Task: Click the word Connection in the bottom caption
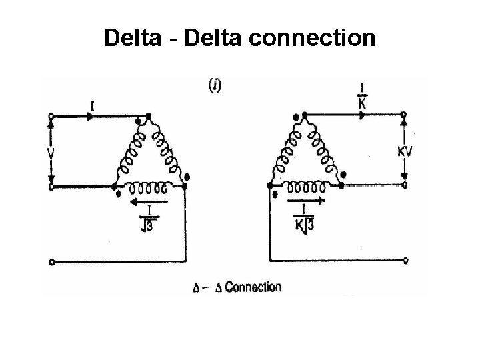pos(253,287)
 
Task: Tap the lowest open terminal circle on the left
pos(51,261)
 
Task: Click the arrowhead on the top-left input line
pos(90,115)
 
